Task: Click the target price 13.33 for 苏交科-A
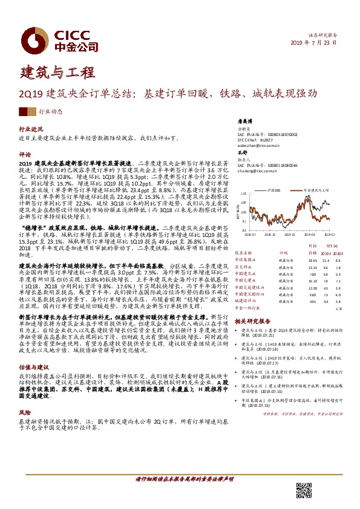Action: pos(313,267)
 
